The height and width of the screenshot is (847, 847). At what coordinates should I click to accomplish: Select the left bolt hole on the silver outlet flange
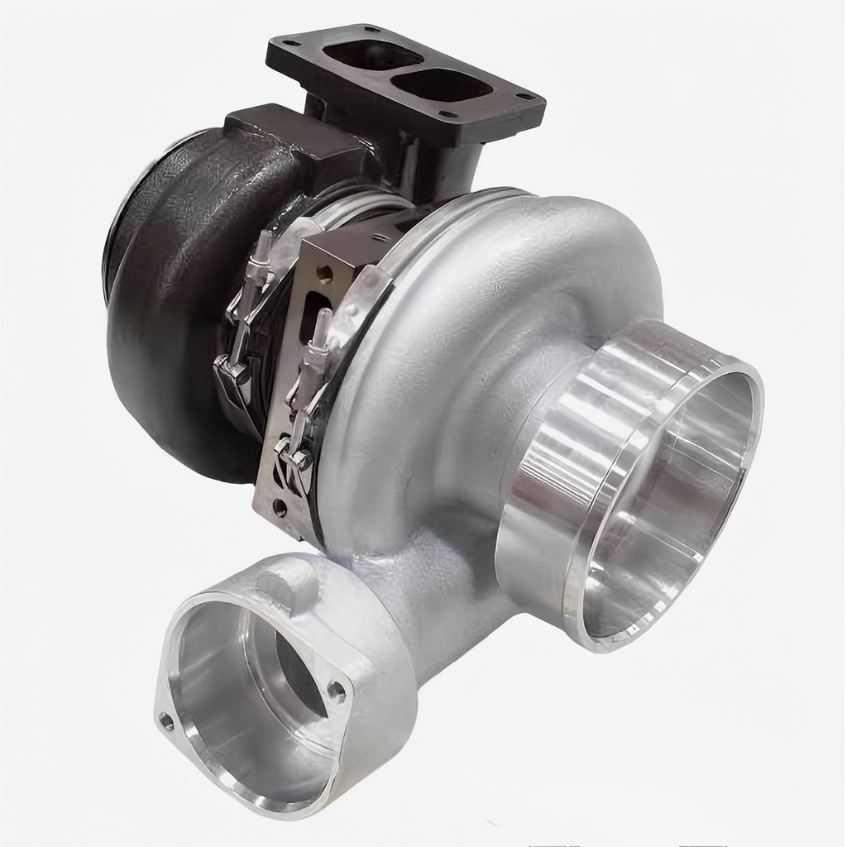(166, 721)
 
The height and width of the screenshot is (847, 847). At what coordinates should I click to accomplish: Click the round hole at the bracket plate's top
(323, 273)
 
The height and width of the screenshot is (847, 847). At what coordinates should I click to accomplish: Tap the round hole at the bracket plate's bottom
(280, 506)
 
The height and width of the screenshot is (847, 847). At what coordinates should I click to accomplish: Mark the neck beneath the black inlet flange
(430, 161)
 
